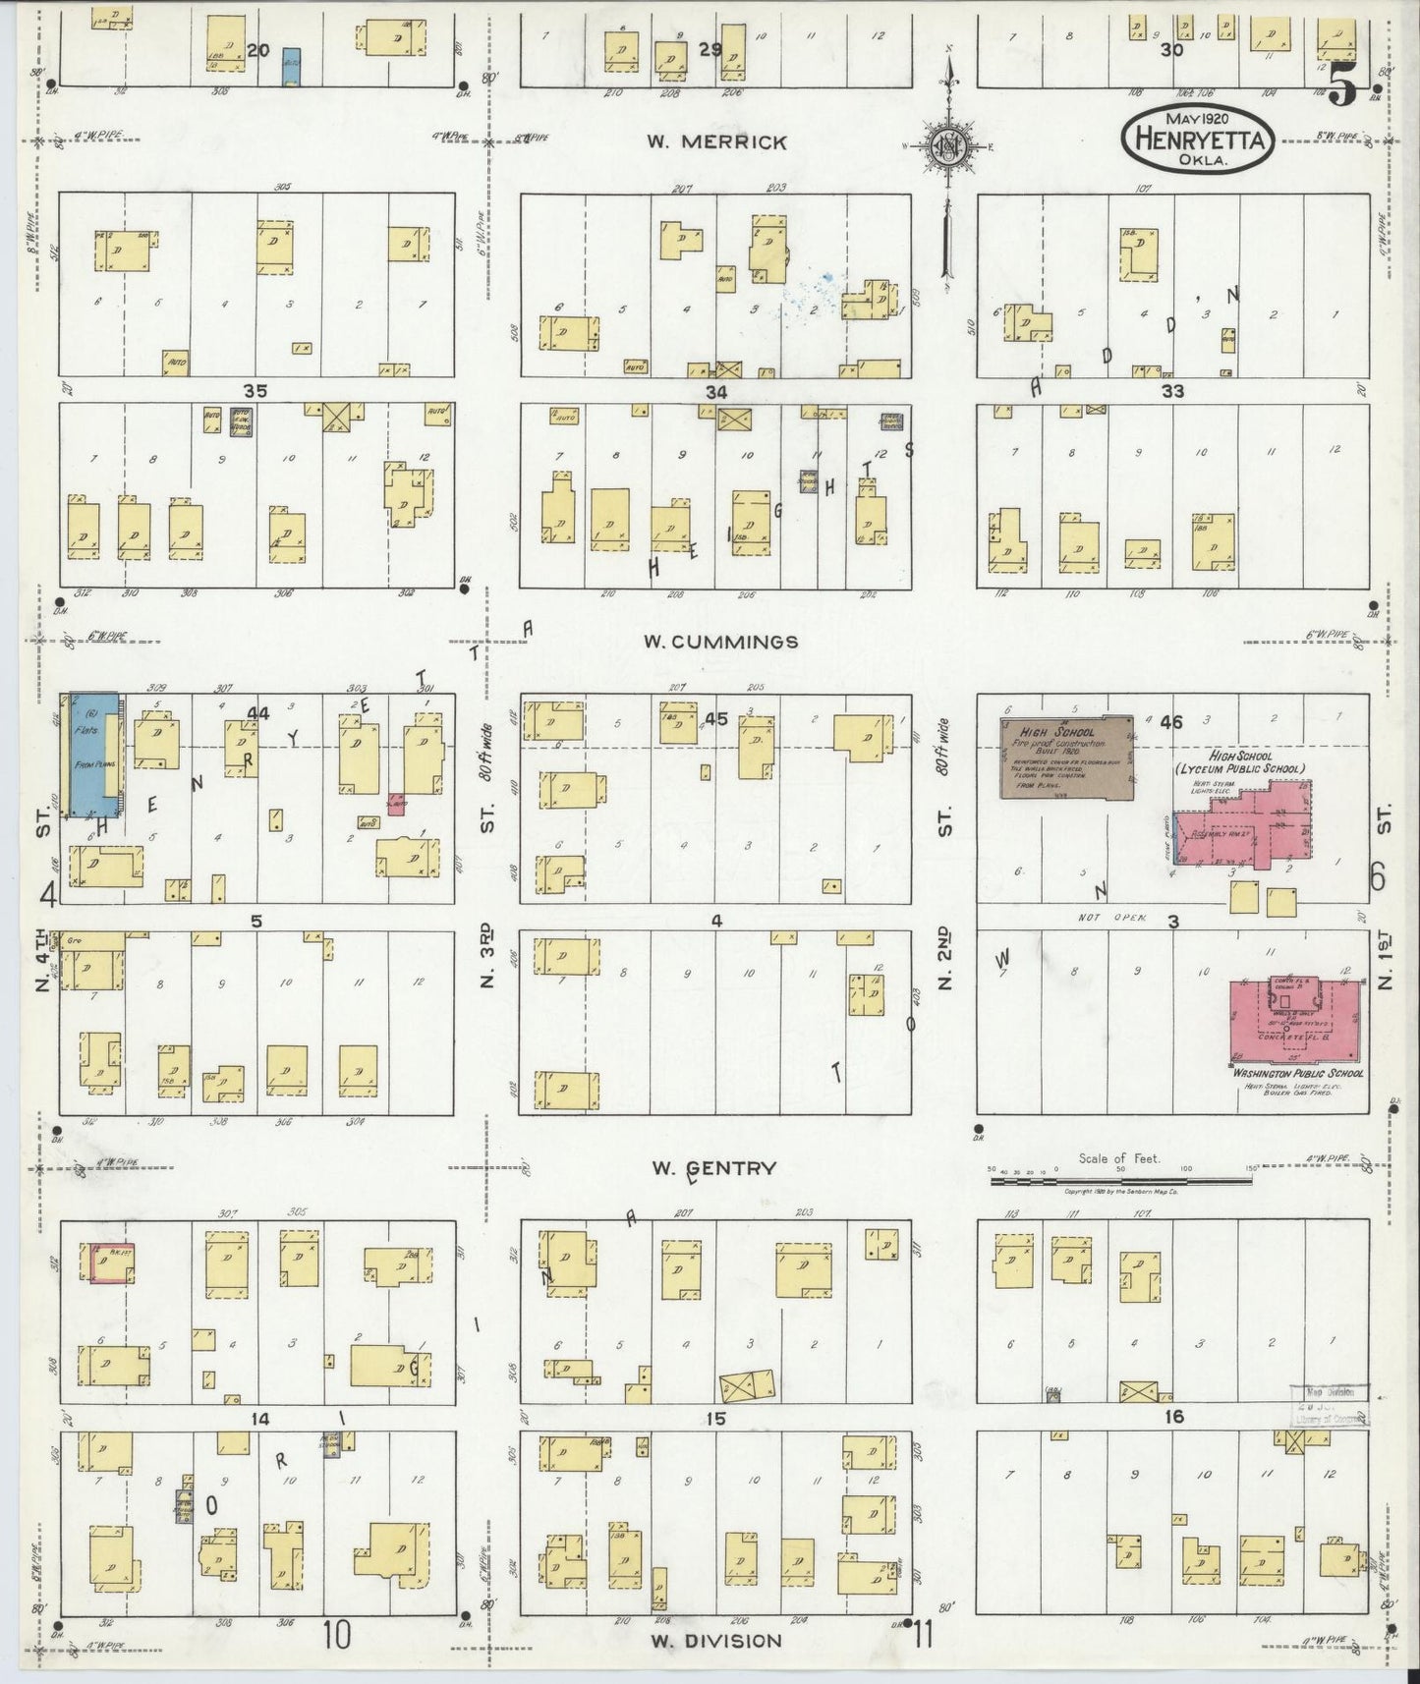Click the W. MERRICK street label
pos(716,141)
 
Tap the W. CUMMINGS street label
pos(720,642)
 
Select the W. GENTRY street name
pos(715,1168)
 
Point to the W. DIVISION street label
pos(716,1640)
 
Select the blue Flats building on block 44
pos(94,754)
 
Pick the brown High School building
pos(1065,758)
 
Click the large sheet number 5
pos(1343,88)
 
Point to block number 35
pos(256,390)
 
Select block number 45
pos(716,719)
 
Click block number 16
pos(1172,1417)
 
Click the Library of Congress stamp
pos(1329,1405)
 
